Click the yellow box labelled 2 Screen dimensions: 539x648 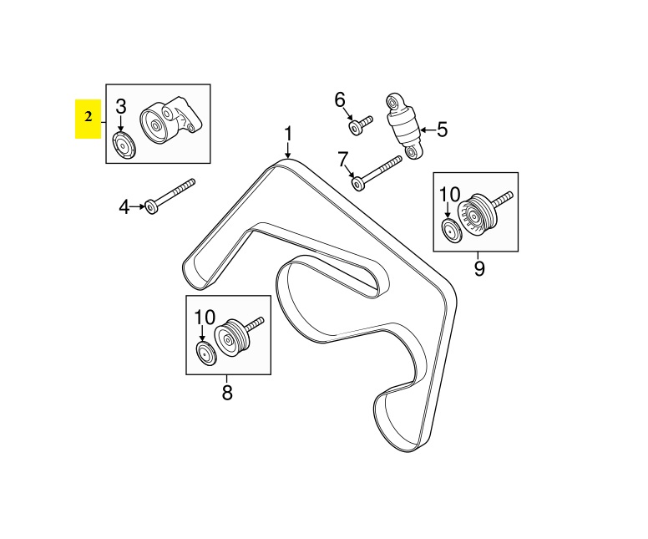[x=88, y=118]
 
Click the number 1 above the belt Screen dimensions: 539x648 [x=288, y=134]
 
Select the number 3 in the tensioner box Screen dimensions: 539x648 [x=121, y=107]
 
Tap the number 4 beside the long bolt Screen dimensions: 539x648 [x=124, y=206]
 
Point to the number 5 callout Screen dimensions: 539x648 [x=442, y=130]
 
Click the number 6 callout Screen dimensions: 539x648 [x=340, y=100]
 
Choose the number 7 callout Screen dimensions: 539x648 [x=342, y=159]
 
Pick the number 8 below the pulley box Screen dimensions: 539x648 [x=227, y=392]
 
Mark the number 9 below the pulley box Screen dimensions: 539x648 [x=478, y=268]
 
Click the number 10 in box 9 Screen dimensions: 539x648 [x=449, y=196]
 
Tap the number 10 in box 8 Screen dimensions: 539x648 [x=205, y=318]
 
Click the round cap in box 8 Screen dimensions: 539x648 [x=205, y=353]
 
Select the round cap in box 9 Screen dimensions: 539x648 [x=451, y=232]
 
